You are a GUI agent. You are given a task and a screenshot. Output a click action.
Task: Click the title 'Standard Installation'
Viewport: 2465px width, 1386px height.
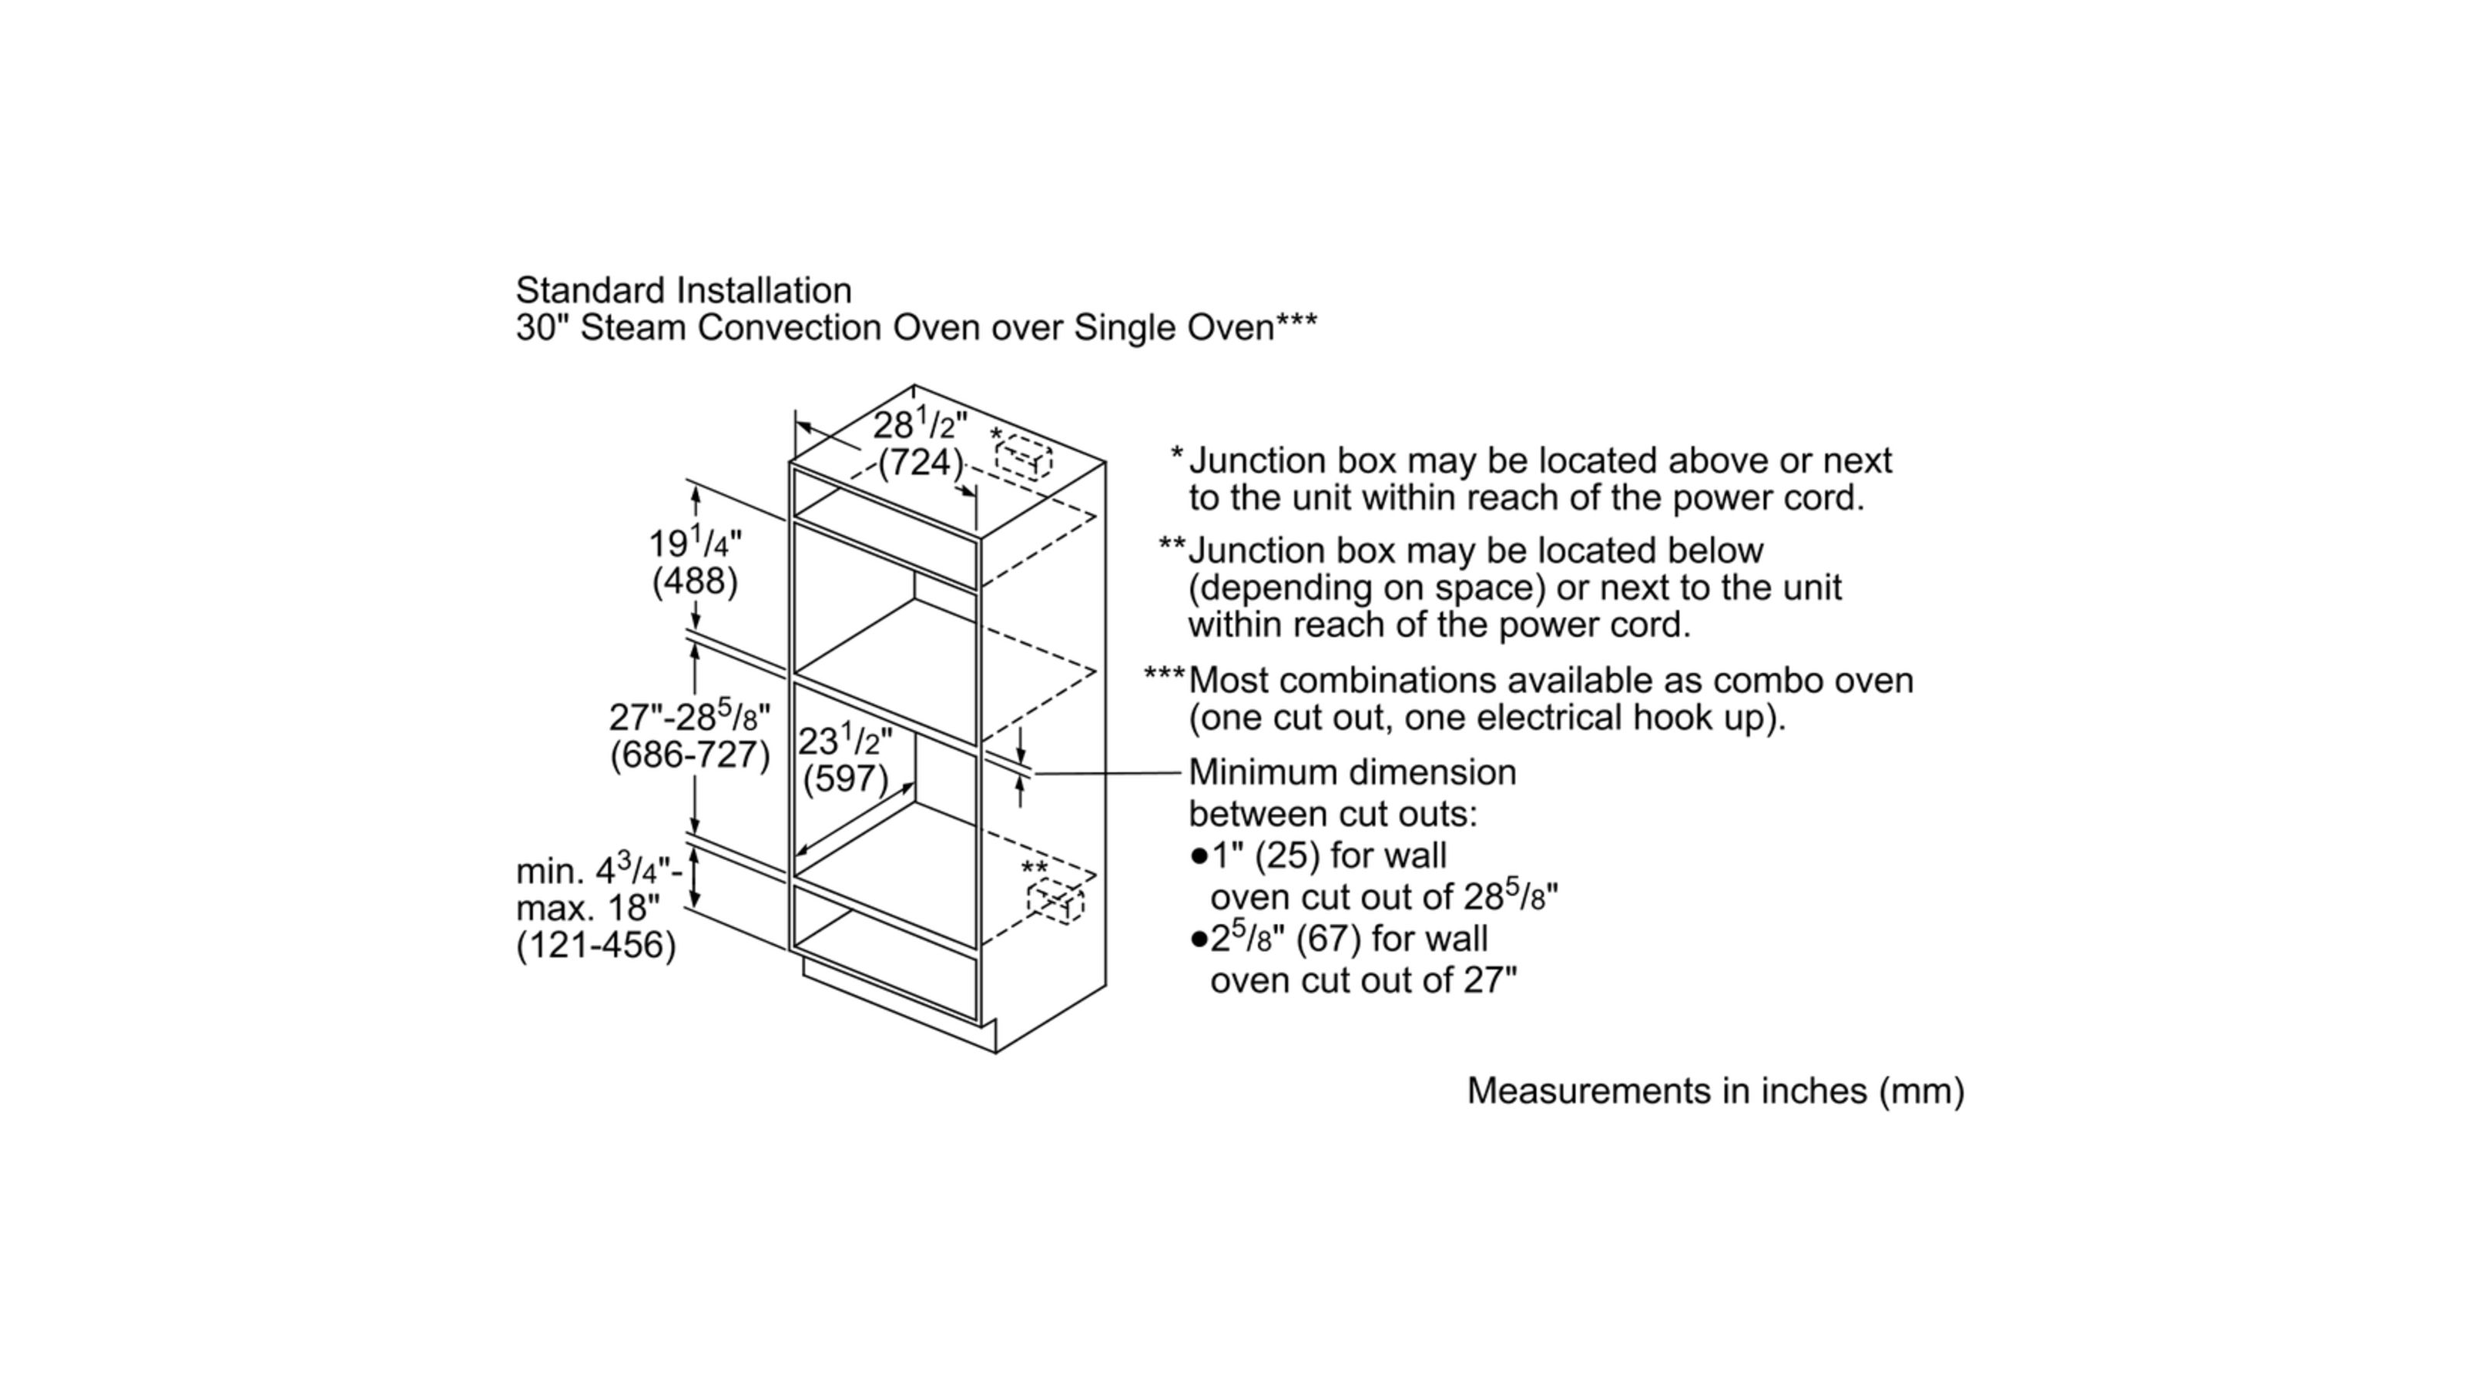(x=683, y=290)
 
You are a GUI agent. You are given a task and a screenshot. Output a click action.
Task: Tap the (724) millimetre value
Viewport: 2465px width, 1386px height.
(x=920, y=463)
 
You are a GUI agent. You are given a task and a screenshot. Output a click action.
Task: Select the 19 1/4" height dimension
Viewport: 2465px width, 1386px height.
(x=695, y=544)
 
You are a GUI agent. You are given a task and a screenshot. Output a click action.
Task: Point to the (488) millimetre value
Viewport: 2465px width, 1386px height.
(x=695, y=581)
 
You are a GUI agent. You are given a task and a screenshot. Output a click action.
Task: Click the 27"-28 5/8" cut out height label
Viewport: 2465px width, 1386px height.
(x=689, y=715)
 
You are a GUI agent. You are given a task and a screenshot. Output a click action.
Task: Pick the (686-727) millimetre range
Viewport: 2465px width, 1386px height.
(x=689, y=755)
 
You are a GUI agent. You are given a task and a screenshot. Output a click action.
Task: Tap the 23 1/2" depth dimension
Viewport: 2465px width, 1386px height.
(x=844, y=740)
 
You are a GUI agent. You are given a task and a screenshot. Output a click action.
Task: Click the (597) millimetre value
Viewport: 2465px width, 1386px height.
(x=844, y=778)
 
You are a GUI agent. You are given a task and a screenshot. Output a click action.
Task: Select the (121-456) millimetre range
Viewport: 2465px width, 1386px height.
(x=595, y=945)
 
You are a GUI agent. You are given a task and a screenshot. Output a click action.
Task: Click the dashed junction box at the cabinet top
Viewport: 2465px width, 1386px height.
(x=1023, y=458)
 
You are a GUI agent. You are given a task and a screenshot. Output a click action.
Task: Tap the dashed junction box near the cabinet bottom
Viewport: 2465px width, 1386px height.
(x=1055, y=902)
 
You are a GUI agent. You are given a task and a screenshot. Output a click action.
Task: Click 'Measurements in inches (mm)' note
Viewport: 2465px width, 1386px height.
(x=1715, y=1090)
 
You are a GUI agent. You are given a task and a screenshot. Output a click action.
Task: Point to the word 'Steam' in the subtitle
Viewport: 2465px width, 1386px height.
(x=632, y=327)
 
